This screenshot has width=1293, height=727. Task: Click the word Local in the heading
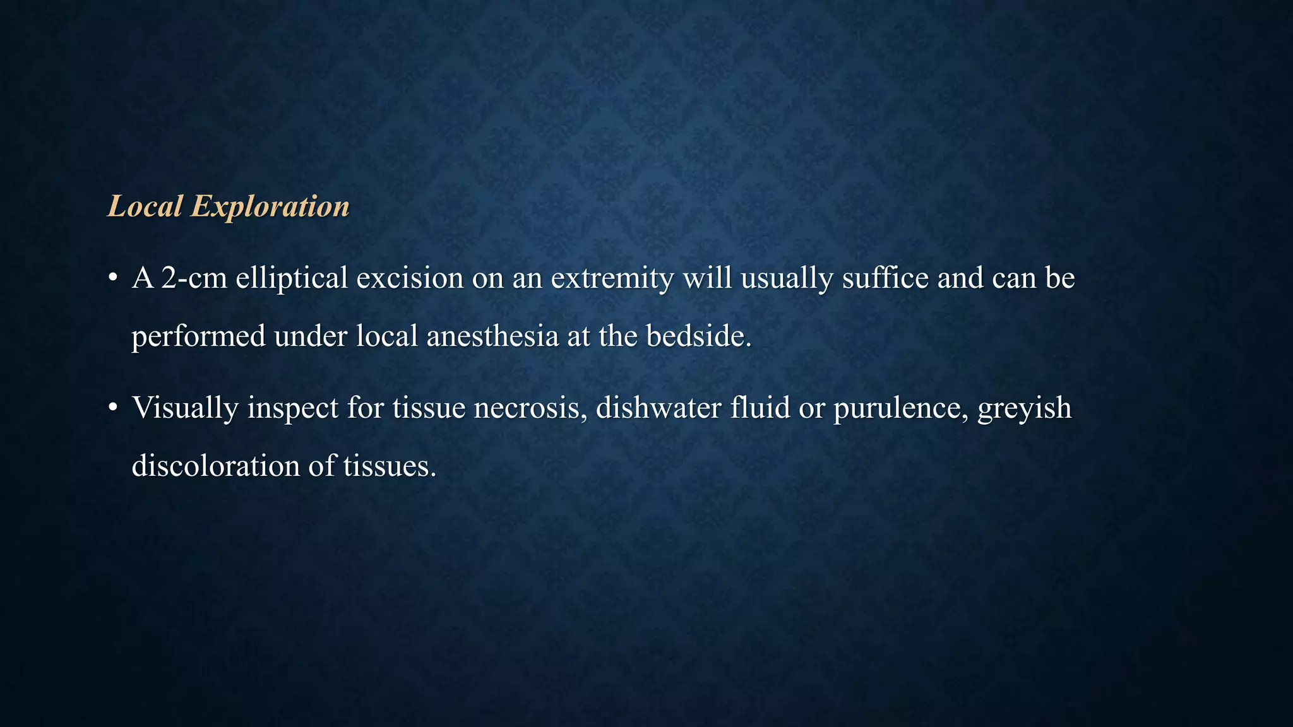[x=145, y=206]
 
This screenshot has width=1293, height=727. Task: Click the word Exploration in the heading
[x=270, y=206]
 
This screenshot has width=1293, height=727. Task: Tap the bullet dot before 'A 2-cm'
[x=112, y=278]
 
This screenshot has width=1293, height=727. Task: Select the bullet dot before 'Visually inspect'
[x=112, y=408]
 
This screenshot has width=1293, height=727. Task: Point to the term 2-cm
[x=194, y=278]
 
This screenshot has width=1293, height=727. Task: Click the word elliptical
[x=292, y=278]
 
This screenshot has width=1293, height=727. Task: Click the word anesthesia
[x=492, y=336]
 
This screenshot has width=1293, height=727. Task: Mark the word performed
[x=198, y=336]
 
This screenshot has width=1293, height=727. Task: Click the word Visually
[x=185, y=408]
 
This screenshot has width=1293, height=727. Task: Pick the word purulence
[x=901, y=408]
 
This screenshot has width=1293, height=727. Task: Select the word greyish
[x=1024, y=408]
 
